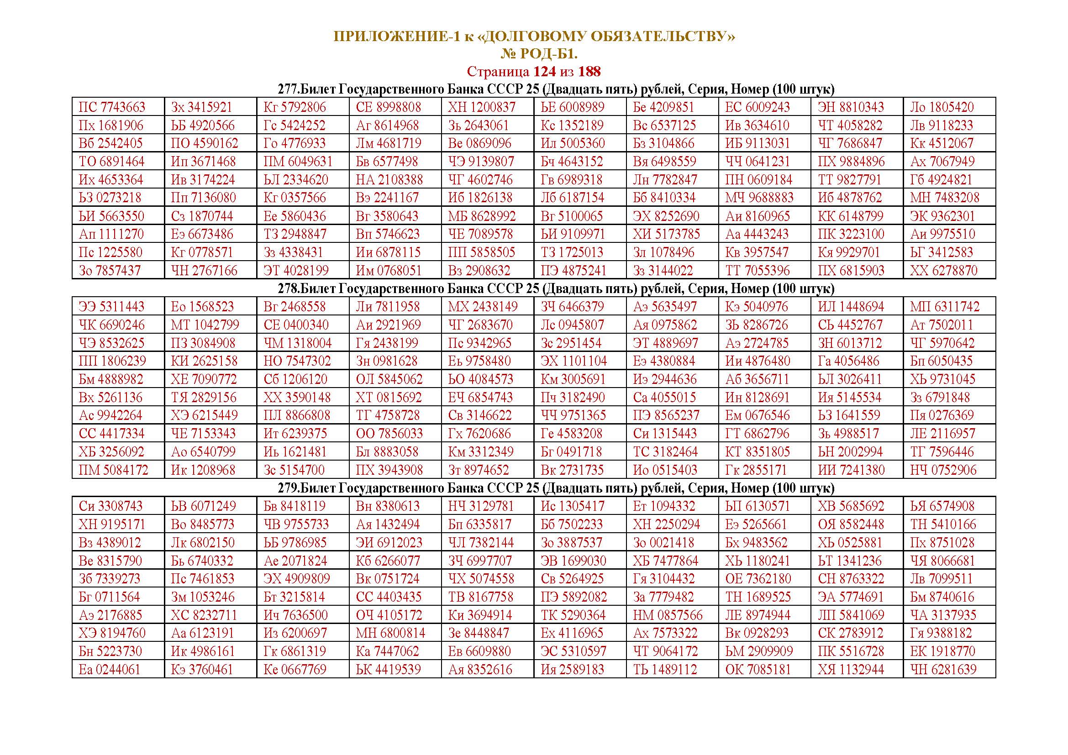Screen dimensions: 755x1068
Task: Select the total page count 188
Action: click(589, 72)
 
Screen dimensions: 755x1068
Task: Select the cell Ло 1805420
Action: click(942, 107)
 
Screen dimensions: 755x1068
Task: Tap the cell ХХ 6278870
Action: click(943, 271)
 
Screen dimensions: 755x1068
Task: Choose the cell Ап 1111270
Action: click(111, 234)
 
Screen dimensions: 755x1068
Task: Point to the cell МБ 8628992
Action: click(481, 216)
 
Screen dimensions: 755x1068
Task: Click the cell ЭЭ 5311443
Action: click(111, 307)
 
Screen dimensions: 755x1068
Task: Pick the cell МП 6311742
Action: click(944, 307)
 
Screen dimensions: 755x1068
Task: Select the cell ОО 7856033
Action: click(389, 434)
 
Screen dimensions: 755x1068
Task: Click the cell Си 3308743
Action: click(110, 506)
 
